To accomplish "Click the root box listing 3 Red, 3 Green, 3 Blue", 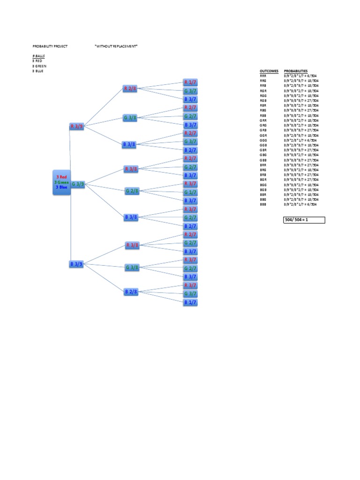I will (61, 182).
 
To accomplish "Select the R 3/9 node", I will (77, 126).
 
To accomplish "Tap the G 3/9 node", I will (78, 184).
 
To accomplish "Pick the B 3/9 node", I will (77, 264).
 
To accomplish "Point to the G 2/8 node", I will (132, 191).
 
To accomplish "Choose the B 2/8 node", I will (131, 292).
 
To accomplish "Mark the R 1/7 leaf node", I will (190, 82).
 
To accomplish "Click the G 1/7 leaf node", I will (190, 192).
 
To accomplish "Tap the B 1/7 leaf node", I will (190, 302).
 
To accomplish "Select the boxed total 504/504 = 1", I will (304, 220).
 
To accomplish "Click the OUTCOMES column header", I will (269, 71).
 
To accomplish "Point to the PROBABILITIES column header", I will (296, 71).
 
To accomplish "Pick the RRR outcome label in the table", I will (263, 75).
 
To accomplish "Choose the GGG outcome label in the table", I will (263, 140).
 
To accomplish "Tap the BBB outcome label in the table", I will (263, 205).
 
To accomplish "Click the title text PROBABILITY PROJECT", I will (50, 46).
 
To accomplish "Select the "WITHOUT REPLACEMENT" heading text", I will (116, 46).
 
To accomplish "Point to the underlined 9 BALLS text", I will (39, 56).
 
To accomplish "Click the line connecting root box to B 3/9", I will (70, 230).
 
